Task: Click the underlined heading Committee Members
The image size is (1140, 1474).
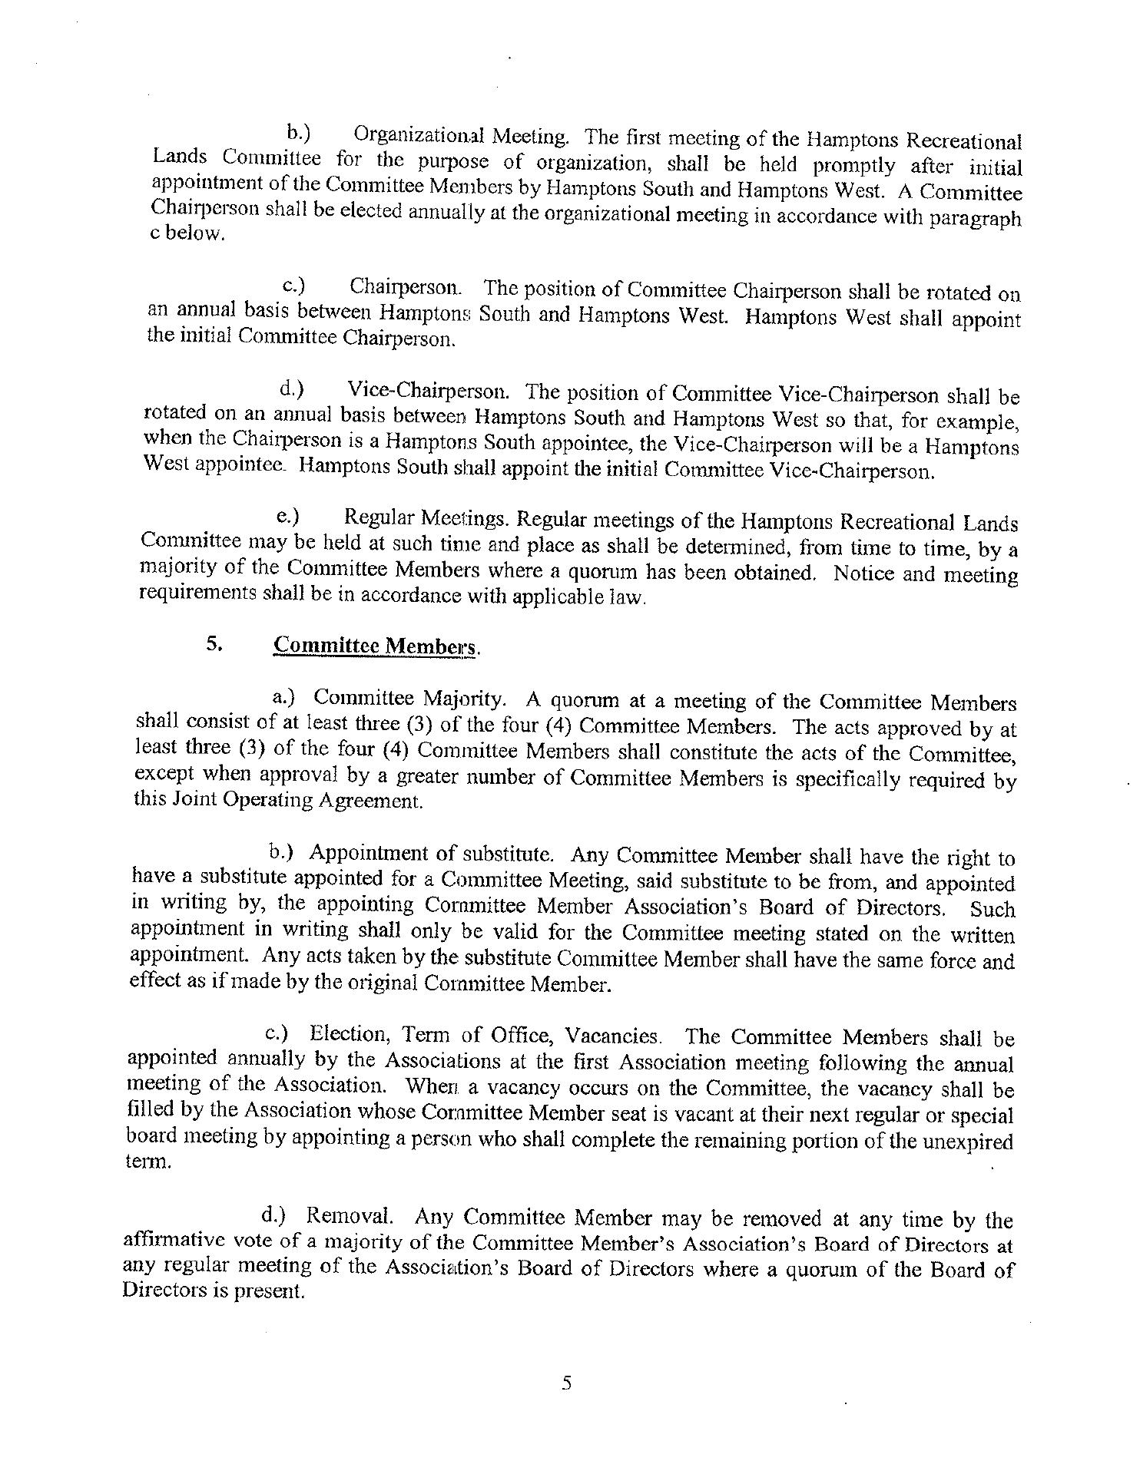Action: tap(376, 646)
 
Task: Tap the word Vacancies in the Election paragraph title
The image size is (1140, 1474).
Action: tap(612, 1036)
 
